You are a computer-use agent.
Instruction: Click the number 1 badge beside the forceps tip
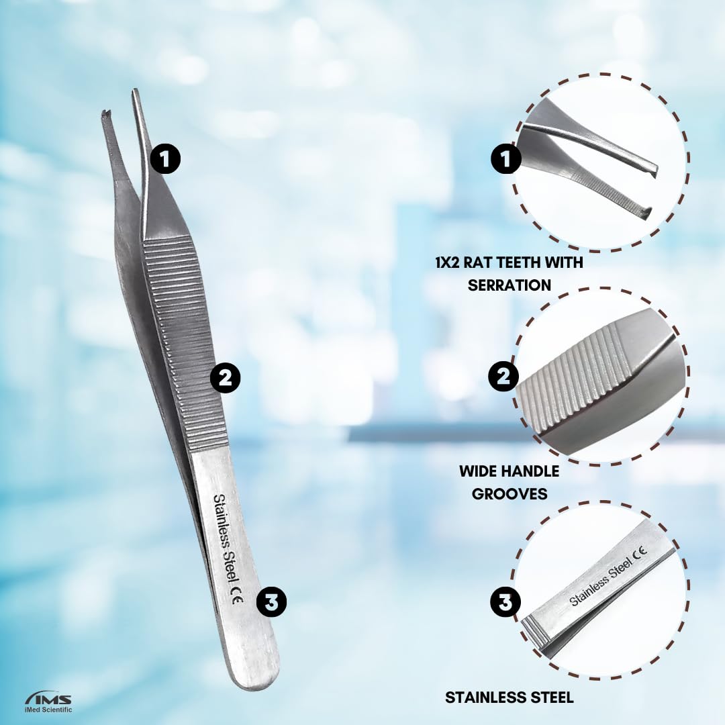[x=165, y=159]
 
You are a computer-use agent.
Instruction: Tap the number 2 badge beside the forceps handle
[x=225, y=378]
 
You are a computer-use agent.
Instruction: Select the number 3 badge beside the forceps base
[x=272, y=602]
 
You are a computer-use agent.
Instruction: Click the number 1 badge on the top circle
[x=506, y=159]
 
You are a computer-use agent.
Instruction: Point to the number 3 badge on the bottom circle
[x=505, y=602]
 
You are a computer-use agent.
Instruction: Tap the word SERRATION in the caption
[x=509, y=285]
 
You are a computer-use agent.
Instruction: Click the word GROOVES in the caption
[x=509, y=493]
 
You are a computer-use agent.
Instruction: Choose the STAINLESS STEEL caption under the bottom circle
[x=510, y=697]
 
